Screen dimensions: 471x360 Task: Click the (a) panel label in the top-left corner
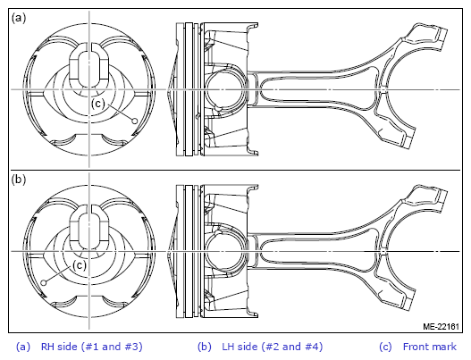(x=19, y=19)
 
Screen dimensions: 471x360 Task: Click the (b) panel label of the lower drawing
(x=19, y=180)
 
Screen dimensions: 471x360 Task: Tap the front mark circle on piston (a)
(x=135, y=121)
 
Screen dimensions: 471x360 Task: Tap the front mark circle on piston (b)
(x=44, y=283)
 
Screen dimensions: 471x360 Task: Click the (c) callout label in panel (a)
(x=98, y=104)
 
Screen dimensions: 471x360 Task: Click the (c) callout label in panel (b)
(x=80, y=265)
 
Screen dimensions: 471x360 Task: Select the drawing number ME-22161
(x=441, y=326)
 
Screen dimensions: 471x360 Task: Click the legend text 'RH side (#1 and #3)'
(x=92, y=347)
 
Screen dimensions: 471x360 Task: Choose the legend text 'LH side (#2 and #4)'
(x=273, y=347)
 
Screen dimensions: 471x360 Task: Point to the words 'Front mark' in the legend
(x=430, y=347)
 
